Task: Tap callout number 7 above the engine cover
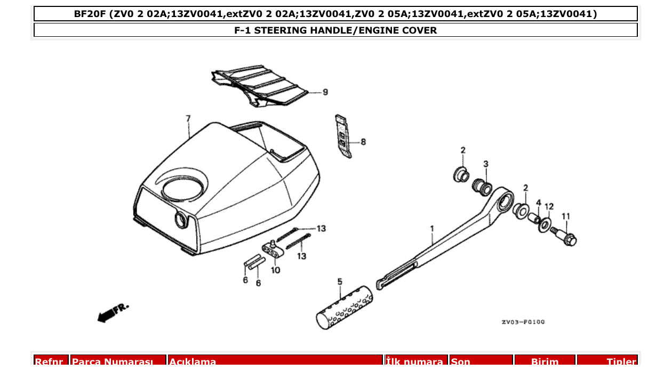(188, 118)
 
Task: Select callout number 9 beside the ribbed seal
(325, 92)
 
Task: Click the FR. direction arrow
(113, 312)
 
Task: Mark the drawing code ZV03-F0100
(523, 322)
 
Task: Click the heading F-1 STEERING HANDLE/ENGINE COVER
(335, 30)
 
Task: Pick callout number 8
(363, 142)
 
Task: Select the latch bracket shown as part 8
(343, 136)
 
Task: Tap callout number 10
(275, 270)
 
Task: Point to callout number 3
(486, 163)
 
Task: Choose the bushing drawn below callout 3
(482, 187)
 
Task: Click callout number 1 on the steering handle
(432, 229)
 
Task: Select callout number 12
(549, 206)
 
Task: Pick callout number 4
(539, 203)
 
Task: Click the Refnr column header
(52, 362)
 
